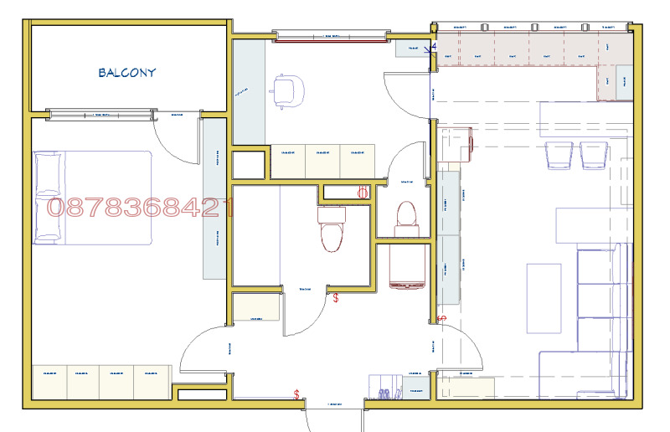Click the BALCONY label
(127, 73)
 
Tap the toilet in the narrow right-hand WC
(406, 216)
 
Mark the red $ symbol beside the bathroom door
(336, 297)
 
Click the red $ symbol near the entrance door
(296, 393)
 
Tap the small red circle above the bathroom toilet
(363, 193)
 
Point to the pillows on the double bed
(47, 198)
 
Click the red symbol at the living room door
(442, 319)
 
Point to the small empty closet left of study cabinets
(247, 166)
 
